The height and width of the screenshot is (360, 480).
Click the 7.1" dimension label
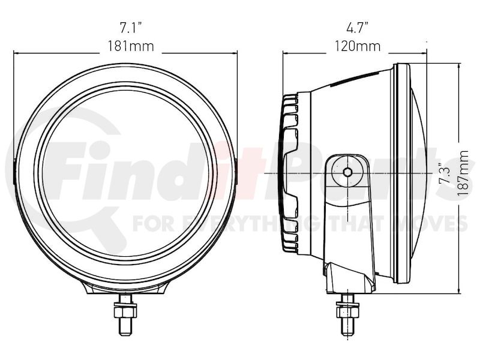(131, 28)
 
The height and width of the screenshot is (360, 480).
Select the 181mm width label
(131, 47)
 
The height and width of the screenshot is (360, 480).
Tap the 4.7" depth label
(357, 28)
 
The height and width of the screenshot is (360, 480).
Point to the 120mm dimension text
(357, 47)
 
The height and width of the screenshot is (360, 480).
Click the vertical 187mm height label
(464, 173)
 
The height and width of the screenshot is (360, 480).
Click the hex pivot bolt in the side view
(347, 172)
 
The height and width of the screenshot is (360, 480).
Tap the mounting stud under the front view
(125, 314)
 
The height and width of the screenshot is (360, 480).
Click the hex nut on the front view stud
(125, 312)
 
